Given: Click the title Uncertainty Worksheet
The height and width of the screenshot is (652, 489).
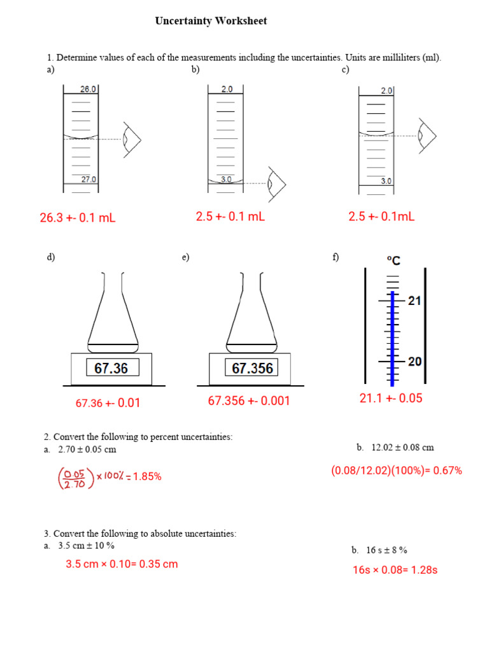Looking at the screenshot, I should point(211,21).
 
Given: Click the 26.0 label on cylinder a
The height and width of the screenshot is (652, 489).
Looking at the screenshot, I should point(88,90).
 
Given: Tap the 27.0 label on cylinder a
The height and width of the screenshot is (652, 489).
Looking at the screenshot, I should point(88,180).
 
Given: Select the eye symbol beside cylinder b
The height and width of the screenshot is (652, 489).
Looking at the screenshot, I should point(276,183).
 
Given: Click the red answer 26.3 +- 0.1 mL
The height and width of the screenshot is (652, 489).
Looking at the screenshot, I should point(78,218).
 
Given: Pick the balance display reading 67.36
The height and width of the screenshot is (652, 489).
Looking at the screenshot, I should point(111,368).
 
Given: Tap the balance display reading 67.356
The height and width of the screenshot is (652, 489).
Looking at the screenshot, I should point(253,368).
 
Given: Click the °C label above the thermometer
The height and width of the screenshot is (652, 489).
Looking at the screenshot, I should point(393,260).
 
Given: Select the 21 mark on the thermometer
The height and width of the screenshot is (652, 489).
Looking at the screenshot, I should point(415,301).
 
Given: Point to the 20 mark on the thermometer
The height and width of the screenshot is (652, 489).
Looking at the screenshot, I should point(415,361).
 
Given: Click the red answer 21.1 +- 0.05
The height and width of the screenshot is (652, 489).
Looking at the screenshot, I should point(391,399).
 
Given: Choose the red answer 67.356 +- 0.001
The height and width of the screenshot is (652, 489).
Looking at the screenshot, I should point(248,401).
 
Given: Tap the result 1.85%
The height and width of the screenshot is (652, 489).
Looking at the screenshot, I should point(147,476).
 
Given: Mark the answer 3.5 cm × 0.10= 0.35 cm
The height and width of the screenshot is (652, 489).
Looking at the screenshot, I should point(122,564).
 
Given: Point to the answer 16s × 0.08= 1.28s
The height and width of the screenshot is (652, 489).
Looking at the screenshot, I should point(395,570).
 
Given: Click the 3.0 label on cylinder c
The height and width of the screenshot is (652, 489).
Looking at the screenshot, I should point(386,181).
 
